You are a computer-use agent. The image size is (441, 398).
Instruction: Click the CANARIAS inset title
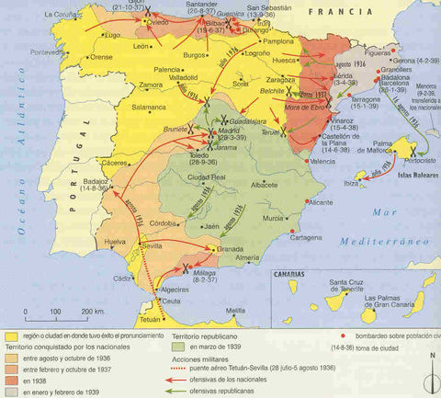[292, 273]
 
